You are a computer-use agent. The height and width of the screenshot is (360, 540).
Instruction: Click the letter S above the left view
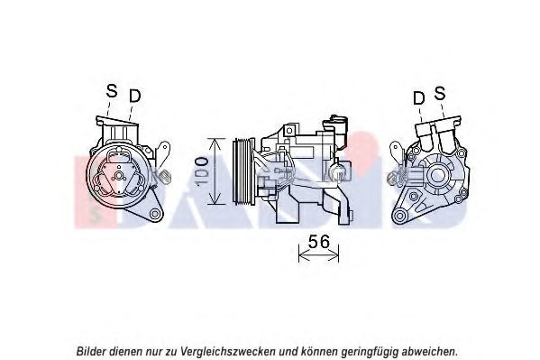click(x=112, y=90)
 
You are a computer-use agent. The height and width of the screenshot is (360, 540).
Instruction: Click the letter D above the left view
click(x=135, y=96)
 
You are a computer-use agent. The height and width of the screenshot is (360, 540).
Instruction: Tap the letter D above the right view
click(x=419, y=98)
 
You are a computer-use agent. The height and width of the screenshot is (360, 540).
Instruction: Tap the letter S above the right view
click(x=440, y=93)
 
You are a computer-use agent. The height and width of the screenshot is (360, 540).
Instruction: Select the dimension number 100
click(x=201, y=171)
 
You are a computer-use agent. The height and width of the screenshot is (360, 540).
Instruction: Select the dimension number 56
click(x=319, y=242)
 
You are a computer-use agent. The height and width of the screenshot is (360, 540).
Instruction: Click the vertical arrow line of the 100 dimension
click(x=215, y=171)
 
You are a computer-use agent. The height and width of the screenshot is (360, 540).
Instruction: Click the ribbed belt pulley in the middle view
click(x=243, y=171)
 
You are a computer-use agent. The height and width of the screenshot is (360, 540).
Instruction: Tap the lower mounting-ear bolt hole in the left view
click(x=155, y=214)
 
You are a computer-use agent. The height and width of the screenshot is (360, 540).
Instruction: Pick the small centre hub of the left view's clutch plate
click(x=119, y=176)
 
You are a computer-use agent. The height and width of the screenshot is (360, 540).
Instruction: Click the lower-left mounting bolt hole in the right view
click(x=400, y=216)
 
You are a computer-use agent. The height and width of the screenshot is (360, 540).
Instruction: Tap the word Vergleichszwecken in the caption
click(x=228, y=352)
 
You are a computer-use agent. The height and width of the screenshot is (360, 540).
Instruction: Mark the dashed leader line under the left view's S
click(x=108, y=108)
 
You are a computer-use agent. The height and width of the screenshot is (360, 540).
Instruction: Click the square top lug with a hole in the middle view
click(x=289, y=130)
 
